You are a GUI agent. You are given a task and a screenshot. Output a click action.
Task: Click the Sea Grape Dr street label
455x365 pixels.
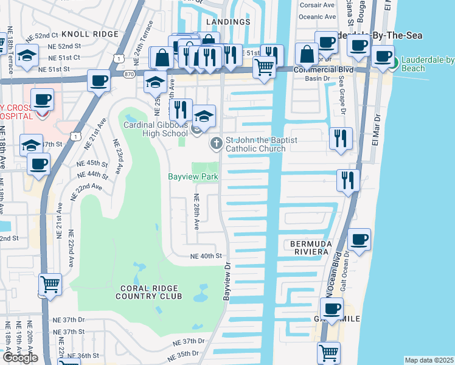click(x=342, y=99)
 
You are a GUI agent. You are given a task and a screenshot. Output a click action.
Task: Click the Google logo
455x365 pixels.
click(x=20, y=358)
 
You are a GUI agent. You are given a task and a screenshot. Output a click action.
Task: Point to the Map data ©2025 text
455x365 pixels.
click(x=429, y=360)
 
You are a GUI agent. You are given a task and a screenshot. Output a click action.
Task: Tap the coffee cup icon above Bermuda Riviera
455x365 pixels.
click(x=359, y=238)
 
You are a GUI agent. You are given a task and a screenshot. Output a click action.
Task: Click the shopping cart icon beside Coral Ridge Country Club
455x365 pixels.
click(x=50, y=283)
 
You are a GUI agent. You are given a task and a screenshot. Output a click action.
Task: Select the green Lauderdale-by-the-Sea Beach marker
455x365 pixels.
click(x=394, y=62)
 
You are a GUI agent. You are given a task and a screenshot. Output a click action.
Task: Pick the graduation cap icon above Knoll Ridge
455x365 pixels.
click(x=27, y=55)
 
